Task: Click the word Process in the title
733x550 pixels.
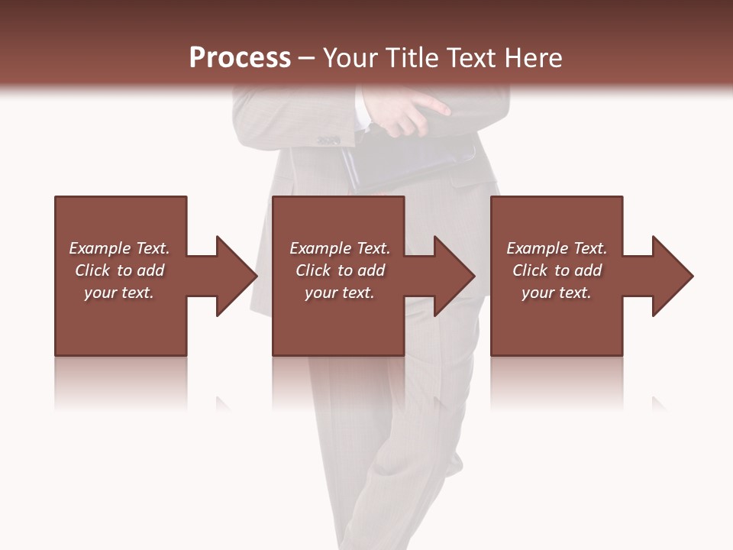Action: [240, 58]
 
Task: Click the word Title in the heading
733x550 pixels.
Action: [409, 58]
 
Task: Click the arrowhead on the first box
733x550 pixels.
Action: [233, 276]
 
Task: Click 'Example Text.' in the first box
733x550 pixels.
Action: [119, 248]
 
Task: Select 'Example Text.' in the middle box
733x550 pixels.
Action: [340, 248]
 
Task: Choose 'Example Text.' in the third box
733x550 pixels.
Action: [557, 248]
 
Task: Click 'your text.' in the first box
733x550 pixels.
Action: [119, 293]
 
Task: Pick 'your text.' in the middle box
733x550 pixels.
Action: [340, 293]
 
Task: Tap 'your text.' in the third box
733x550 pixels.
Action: [557, 293]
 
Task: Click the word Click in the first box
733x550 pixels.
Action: [92, 270]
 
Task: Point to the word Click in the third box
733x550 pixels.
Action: [530, 270]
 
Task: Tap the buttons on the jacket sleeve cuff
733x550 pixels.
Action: [328, 140]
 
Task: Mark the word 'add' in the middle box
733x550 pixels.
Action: [370, 270]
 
